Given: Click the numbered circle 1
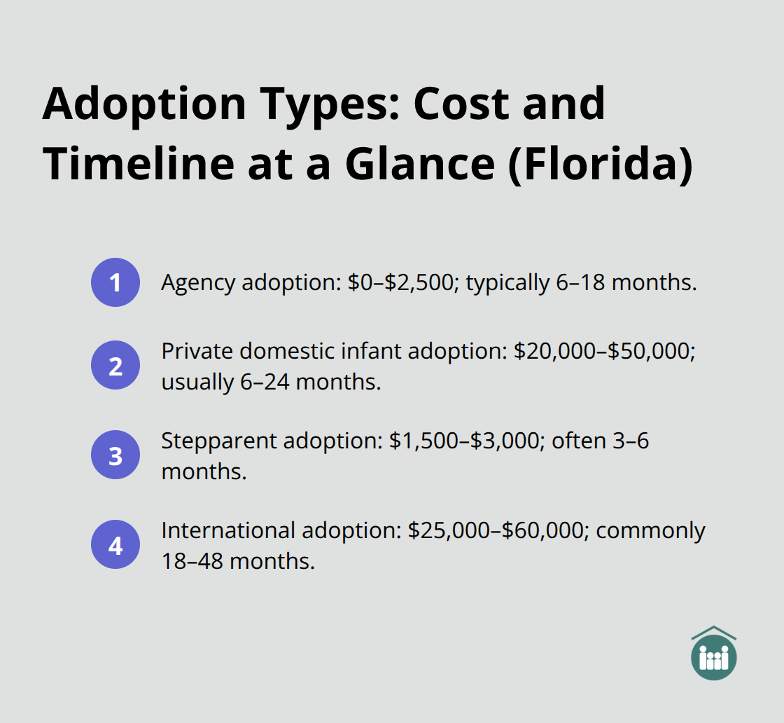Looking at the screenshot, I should click(x=115, y=282).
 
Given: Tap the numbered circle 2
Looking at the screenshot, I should click(x=115, y=365).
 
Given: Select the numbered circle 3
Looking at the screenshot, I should click(x=115, y=455).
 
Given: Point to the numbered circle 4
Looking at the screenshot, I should click(x=115, y=544).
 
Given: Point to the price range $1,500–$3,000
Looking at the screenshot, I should click(x=473, y=441).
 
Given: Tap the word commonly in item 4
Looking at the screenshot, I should click(x=650, y=531).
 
